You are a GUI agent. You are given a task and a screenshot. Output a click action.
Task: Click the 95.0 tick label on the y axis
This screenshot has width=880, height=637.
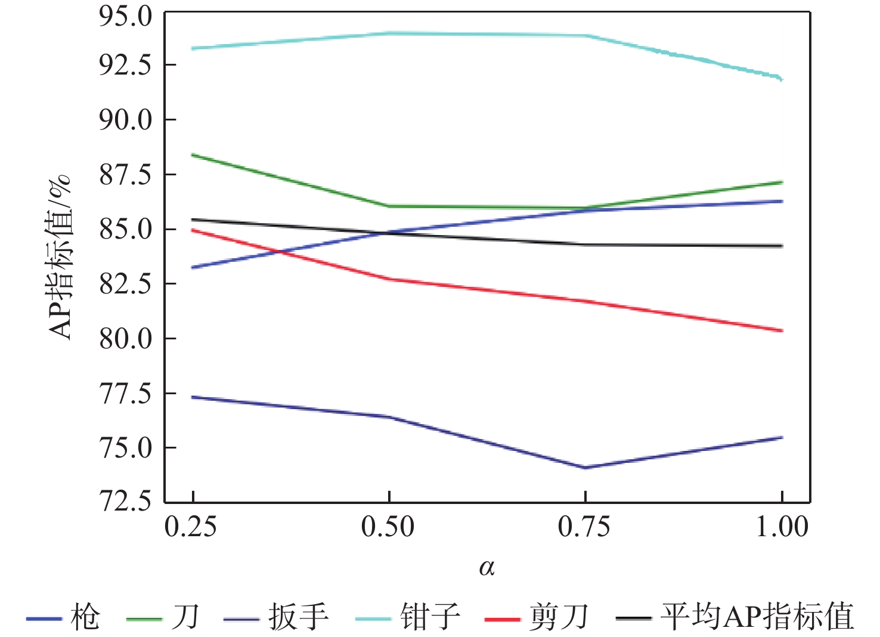(126, 17)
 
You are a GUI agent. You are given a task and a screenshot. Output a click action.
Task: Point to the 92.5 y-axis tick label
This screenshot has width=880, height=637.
(126, 65)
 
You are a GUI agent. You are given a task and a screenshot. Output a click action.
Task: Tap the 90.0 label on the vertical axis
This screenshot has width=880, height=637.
(126, 120)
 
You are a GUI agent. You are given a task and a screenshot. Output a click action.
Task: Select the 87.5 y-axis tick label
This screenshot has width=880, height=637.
(126, 175)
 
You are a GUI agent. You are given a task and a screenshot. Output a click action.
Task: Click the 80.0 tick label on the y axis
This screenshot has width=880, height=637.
(126, 339)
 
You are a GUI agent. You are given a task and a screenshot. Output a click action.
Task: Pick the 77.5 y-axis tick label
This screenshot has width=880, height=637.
(126, 394)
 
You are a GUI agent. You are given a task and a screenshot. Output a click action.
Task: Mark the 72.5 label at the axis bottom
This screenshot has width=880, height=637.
(126, 502)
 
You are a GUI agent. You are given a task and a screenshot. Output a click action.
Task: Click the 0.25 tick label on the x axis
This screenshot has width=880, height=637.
(191, 527)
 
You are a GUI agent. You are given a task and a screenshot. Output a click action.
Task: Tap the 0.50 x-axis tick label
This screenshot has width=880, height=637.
(388, 527)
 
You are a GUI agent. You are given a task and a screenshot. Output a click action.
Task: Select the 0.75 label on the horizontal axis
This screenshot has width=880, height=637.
(584, 527)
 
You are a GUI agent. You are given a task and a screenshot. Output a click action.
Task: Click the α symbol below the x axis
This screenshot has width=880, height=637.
(487, 568)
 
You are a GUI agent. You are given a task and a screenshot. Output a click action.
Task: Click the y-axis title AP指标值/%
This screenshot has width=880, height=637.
(60, 258)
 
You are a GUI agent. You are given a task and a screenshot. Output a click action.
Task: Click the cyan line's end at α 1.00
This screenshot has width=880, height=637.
(781, 79)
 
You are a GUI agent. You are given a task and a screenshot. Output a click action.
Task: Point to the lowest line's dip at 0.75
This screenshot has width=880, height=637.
(585, 468)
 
